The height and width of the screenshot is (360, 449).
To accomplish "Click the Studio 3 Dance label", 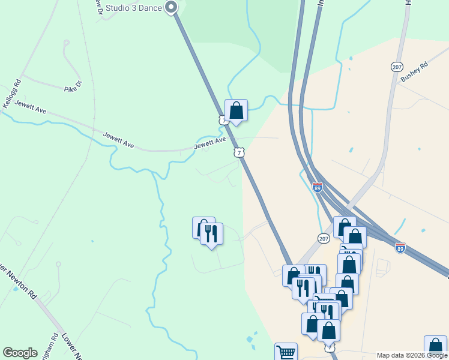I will (134, 8).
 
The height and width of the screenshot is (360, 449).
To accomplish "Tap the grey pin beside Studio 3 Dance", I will (171, 8).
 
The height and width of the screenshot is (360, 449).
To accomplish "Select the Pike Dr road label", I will (71, 89).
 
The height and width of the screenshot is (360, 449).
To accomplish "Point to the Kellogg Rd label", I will (11, 94).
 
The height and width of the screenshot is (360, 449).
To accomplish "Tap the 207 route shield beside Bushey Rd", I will (396, 67).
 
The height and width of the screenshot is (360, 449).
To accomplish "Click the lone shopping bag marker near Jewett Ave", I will (237, 110).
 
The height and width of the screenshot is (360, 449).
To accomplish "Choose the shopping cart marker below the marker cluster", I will (286, 352).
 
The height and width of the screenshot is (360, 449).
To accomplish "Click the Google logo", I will (20, 353).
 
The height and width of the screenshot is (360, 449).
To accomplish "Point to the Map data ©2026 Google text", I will (412, 355).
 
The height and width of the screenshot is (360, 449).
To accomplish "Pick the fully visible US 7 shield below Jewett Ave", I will (240, 153).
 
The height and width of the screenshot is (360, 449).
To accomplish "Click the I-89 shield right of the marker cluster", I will (400, 247).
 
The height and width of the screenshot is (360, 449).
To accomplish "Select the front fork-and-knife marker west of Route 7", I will (211, 233).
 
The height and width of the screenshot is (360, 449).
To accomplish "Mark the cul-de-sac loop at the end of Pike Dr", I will (66, 43).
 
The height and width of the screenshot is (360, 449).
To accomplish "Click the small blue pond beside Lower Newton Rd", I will (15, 289).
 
